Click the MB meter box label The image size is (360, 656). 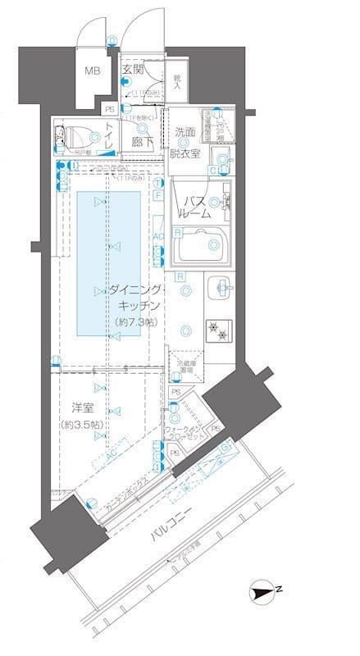coord(93,71)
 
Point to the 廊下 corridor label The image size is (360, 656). coord(142,142)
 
